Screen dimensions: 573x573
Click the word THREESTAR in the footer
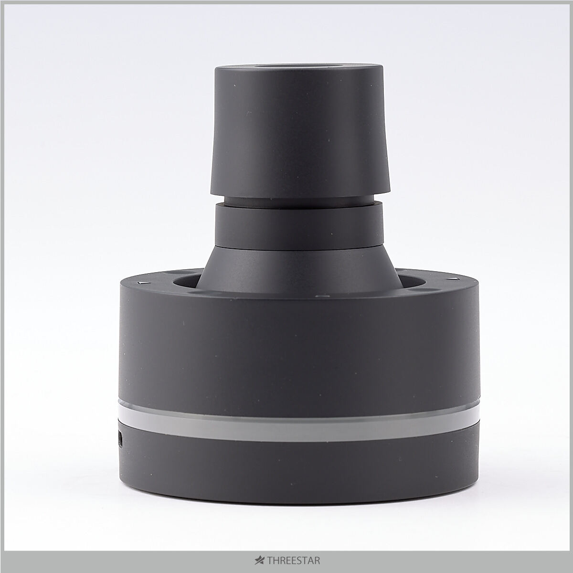tap(294, 561)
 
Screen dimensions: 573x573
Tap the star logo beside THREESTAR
tap(260, 561)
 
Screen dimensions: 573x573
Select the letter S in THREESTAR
tap(302, 561)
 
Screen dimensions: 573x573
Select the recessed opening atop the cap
tap(299, 66)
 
